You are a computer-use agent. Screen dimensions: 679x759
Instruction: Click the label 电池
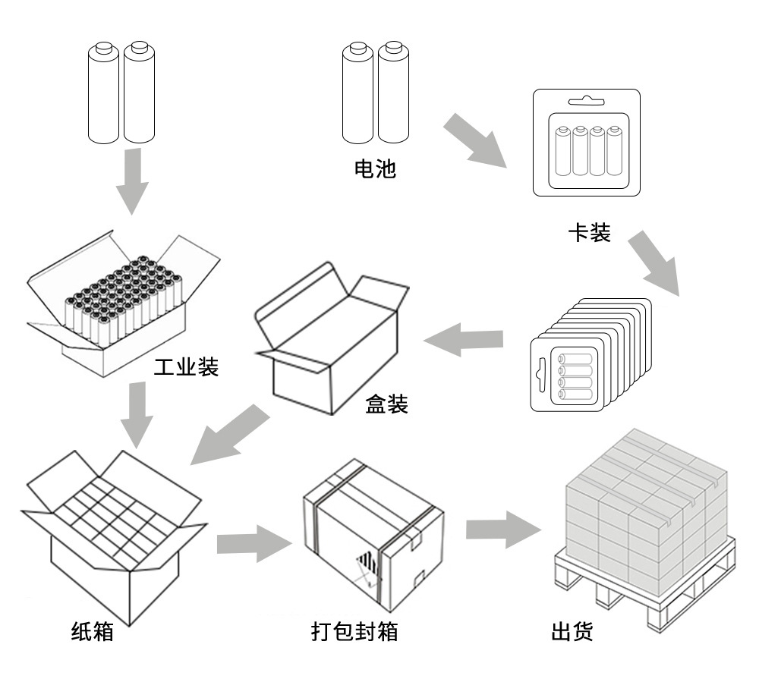pyautogui.click(x=375, y=168)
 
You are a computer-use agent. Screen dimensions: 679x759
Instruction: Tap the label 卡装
pyautogui.click(x=589, y=232)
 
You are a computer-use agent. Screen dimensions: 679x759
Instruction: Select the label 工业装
pyautogui.click(x=186, y=368)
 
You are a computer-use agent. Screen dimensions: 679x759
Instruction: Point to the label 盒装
pyautogui.click(x=386, y=404)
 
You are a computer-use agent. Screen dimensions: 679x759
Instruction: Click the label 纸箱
pyautogui.click(x=92, y=630)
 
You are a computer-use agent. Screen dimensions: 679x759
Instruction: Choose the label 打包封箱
pyautogui.click(x=354, y=630)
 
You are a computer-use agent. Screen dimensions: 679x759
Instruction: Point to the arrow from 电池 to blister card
pyautogui.click(x=474, y=140)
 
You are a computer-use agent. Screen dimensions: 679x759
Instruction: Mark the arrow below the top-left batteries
pyautogui.click(x=131, y=181)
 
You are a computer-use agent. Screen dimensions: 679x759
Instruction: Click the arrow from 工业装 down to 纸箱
pyautogui.click(x=137, y=414)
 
